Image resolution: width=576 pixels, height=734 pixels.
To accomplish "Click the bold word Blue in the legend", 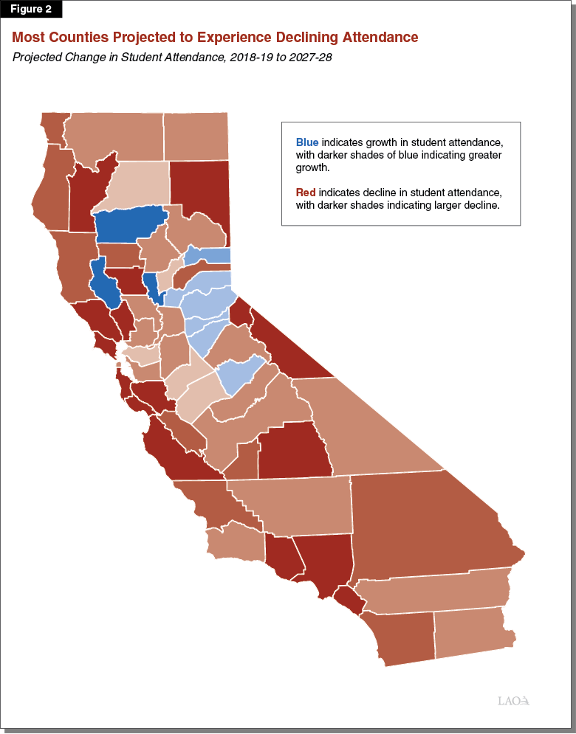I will (x=307, y=142).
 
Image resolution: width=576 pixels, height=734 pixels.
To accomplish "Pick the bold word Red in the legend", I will (x=306, y=193).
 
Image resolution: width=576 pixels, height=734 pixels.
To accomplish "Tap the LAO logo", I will (x=514, y=700).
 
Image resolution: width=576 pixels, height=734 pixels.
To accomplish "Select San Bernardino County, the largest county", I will (x=428, y=524).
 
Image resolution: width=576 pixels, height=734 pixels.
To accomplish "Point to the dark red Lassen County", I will (x=199, y=192).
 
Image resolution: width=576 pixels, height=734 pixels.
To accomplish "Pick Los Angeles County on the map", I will (x=321, y=561).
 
